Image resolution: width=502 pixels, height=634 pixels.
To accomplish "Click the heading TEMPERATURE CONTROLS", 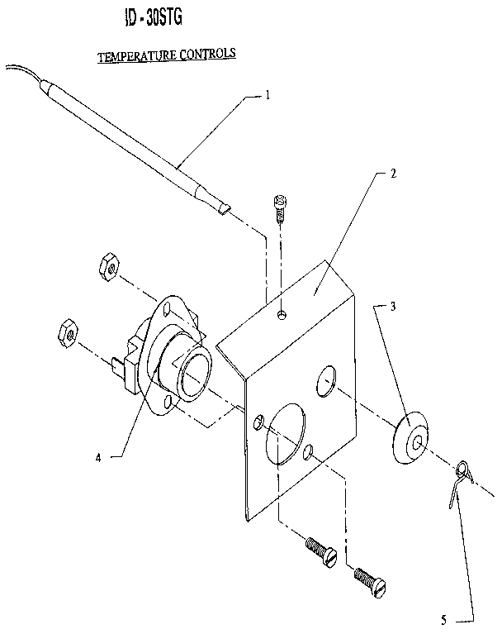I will click(167, 55).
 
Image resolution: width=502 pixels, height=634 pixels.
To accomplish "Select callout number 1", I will click(267, 95).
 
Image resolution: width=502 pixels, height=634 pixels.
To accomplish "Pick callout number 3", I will click(393, 306).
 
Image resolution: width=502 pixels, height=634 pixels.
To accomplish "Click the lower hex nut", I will click(66, 332).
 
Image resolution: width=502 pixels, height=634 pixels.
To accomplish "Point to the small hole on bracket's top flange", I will click(283, 314).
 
